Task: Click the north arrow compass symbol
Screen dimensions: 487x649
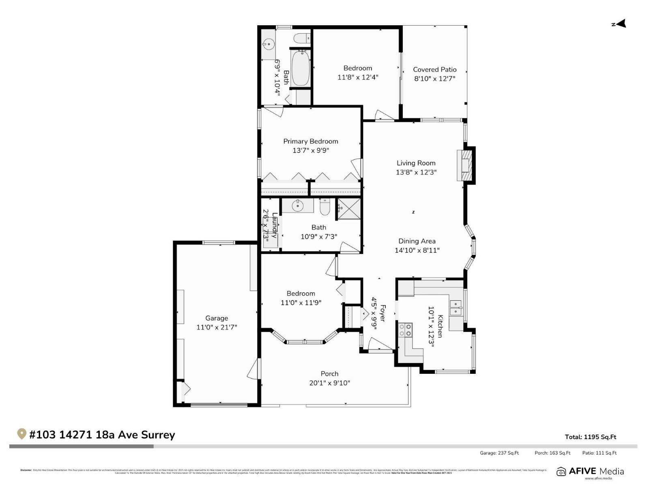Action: point(620,24)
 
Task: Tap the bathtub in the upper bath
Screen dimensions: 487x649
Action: point(301,68)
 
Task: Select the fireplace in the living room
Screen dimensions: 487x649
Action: point(466,165)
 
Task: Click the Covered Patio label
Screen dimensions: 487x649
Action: point(434,69)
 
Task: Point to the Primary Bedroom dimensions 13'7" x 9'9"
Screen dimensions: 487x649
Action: point(310,151)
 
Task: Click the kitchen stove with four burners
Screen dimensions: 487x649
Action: point(405,330)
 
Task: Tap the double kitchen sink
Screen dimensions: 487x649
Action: point(456,308)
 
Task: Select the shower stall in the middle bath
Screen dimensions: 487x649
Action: point(349,209)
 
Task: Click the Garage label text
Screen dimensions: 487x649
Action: point(216,318)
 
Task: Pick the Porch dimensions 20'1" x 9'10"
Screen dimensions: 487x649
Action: point(329,383)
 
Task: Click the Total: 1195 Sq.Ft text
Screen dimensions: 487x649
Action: point(590,437)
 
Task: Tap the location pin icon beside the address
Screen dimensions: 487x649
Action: point(21,434)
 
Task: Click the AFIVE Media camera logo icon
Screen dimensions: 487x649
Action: point(561,472)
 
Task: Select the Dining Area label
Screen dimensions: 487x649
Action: point(417,241)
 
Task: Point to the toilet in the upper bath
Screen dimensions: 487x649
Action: point(301,39)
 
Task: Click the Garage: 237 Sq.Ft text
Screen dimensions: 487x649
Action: point(499,453)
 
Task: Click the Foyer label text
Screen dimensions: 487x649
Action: point(382,313)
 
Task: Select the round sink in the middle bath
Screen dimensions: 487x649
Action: point(298,205)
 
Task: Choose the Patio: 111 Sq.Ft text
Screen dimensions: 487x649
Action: point(599,453)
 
